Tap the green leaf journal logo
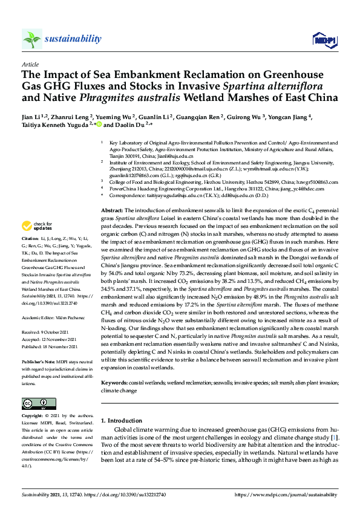[x=32, y=39]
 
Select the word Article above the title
[x=30, y=64]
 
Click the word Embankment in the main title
[x=140, y=75]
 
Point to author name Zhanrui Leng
[x=70, y=117]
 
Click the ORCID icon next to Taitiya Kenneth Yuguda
[x=99, y=126]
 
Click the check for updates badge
[x=36, y=227]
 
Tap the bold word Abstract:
[x=113, y=208]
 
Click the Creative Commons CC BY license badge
[x=34, y=403]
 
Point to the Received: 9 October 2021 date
[x=47, y=332]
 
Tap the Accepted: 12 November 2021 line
[x=49, y=340]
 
